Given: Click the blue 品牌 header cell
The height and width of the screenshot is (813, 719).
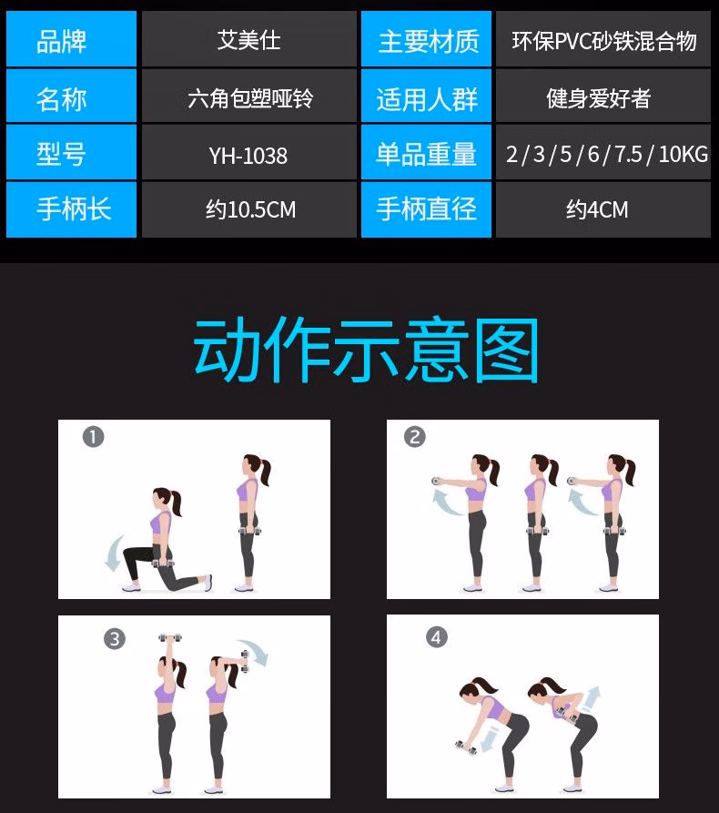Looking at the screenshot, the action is point(72,39).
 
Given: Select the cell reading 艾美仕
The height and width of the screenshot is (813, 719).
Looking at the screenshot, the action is point(248,39).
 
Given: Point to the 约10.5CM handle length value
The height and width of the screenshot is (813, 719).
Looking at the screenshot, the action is point(248,209).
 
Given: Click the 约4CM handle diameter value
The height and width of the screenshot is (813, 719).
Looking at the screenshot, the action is point(603,209).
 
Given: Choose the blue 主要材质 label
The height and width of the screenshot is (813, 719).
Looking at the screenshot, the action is point(426,39).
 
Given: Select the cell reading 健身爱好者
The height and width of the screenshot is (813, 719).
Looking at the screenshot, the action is point(603,96).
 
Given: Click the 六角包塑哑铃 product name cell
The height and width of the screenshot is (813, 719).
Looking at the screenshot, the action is point(248,96).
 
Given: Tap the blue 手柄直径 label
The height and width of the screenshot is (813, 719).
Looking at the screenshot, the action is point(426,209).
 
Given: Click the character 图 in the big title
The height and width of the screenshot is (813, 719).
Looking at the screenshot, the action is point(506,351).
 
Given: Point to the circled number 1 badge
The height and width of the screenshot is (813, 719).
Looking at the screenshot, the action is point(94,437).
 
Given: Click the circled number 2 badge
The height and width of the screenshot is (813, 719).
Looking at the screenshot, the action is point(415,437).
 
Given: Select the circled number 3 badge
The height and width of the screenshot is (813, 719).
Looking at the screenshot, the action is point(115,638).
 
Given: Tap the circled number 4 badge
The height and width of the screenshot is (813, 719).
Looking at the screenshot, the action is point(437,637).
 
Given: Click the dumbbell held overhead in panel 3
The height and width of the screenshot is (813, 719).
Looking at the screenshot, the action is point(170,636).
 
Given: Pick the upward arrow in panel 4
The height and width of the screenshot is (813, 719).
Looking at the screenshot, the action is point(591,699).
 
